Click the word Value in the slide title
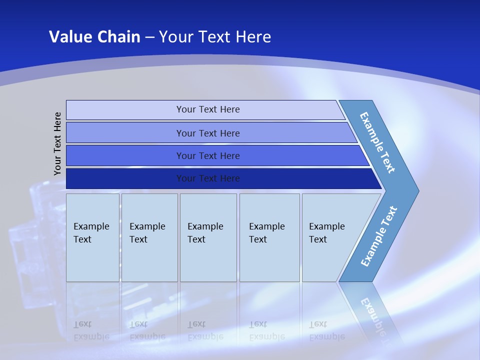click(x=69, y=36)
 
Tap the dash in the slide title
click(x=149, y=37)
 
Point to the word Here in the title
click(x=253, y=36)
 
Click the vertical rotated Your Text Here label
click(x=57, y=143)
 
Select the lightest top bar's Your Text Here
click(x=208, y=109)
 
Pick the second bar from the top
click(x=208, y=133)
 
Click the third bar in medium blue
click(x=208, y=156)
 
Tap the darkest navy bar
click(x=208, y=178)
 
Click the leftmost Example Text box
click(x=92, y=237)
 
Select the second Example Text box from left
click(x=149, y=237)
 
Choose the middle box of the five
click(x=208, y=237)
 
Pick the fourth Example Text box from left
click(x=269, y=237)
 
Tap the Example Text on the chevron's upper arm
click(x=377, y=142)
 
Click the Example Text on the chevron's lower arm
click(x=378, y=236)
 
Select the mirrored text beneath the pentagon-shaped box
click(x=326, y=330)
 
